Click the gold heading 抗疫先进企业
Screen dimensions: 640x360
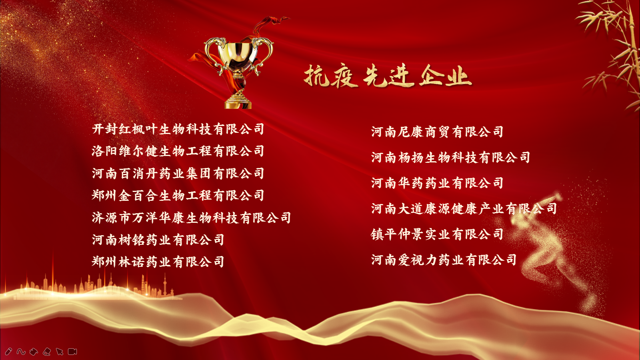388,76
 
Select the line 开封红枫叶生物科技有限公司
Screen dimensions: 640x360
178,129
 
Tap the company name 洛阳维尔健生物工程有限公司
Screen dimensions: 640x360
178,151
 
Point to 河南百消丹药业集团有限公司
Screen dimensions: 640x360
178,174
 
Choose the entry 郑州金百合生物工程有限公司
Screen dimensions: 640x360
178,196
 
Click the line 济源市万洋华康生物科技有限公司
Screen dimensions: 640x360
192,218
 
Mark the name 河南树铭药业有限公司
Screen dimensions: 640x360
158,240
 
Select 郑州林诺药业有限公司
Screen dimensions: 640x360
158,262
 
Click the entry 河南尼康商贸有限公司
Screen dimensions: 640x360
437,132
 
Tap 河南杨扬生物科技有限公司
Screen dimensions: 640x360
450,158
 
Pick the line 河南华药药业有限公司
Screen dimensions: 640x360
437,183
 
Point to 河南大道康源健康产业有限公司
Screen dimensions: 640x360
464,209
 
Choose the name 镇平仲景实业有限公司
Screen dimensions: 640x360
437,234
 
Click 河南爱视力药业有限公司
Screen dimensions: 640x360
444,260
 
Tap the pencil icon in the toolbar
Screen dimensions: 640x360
8,352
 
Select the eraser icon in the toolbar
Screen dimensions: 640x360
46,352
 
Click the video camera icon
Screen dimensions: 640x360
72,352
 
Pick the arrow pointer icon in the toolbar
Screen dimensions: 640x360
60,352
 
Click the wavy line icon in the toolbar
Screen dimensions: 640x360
21,352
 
